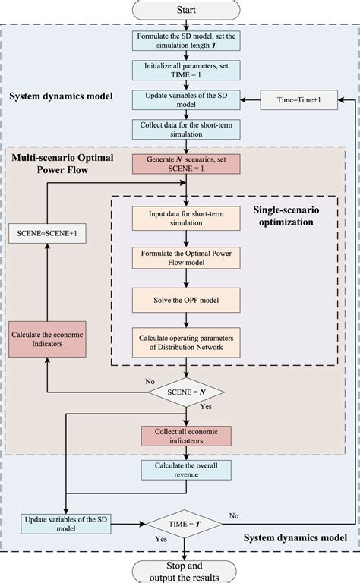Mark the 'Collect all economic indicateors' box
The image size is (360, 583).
click(185, 435)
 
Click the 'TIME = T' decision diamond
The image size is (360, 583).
click(185, 522)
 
